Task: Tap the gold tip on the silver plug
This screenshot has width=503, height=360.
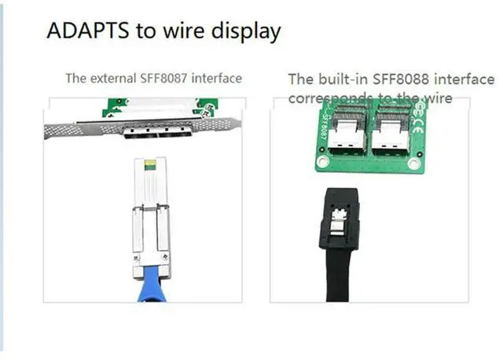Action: [x=150, y=164]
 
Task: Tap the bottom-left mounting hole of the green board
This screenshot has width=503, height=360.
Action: [x=323, y=162]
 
